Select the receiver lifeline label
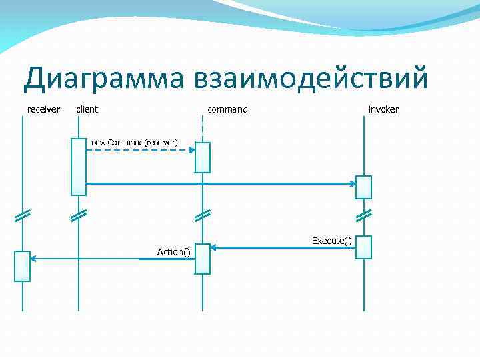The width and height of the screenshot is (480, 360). click(x=43, y=109)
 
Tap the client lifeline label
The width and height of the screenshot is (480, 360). click(x=87, y=109)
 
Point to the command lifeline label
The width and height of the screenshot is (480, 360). click(x=227, y=109)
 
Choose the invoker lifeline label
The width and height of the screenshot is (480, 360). click(x=383, y=109)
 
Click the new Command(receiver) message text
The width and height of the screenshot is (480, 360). click(x=134, y=142)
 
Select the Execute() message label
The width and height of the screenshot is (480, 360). click(x=331, y=240)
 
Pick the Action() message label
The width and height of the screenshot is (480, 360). click(x=173, y=251)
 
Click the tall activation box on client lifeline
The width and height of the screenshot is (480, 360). click(x=79, y=166)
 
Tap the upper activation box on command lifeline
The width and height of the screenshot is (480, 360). click(x=203, y=157)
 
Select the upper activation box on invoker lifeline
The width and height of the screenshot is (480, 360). click(x=363, y=187)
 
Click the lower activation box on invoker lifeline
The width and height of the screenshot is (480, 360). click(x=363, y=247)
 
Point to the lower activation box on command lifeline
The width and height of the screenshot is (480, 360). click(x=203, y=259)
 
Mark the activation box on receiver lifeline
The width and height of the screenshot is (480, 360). click(x=23, y=266)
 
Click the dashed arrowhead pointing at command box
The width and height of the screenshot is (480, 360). click(x=191, y=150)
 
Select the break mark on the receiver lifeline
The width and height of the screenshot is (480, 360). click(x=23, y=215)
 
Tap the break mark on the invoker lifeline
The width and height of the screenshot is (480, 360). click(x=363, y=215)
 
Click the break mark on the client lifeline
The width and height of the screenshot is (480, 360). click(x=79, y=215)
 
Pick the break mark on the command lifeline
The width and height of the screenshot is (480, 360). click(x=203, y=215)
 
